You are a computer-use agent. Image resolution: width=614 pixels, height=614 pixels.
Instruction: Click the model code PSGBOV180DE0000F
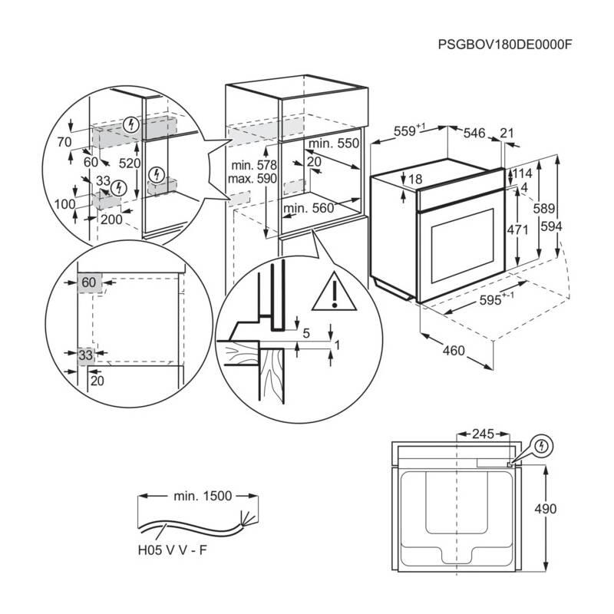pyautogui.click(x=507, y=44)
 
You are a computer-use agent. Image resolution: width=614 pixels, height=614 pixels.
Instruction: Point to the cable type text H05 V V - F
pyautogui.click(x=171, y=550)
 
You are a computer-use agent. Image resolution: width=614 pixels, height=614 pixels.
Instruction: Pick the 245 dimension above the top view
pyautogui.click(x=481, y=434)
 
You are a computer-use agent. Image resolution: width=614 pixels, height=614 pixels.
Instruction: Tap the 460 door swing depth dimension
pyautogui.click(x=454, y=351)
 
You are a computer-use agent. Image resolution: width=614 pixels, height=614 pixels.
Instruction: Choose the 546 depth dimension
pyautogui.click(x=474, y=134)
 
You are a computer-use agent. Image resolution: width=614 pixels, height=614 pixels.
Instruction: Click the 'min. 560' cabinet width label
pyautogui.click(x=309, y=208)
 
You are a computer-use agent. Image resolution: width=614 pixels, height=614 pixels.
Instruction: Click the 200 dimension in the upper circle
pyautogui.click(x=111, y=220)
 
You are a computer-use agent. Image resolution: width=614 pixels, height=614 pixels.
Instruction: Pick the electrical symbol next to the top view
pyautogui.click(x=542, y=444)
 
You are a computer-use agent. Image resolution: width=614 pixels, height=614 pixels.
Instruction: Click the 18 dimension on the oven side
pyautogui.click(x=415, y=180)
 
